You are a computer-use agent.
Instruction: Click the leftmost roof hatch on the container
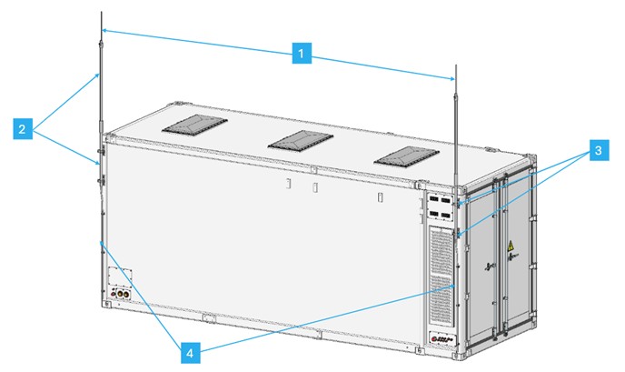tap(193, 128)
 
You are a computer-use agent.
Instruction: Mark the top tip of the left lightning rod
tap(102, 13)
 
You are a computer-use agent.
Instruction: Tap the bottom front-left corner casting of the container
tap(106, 304)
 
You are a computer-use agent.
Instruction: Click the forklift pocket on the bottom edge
tap(209, 318)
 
